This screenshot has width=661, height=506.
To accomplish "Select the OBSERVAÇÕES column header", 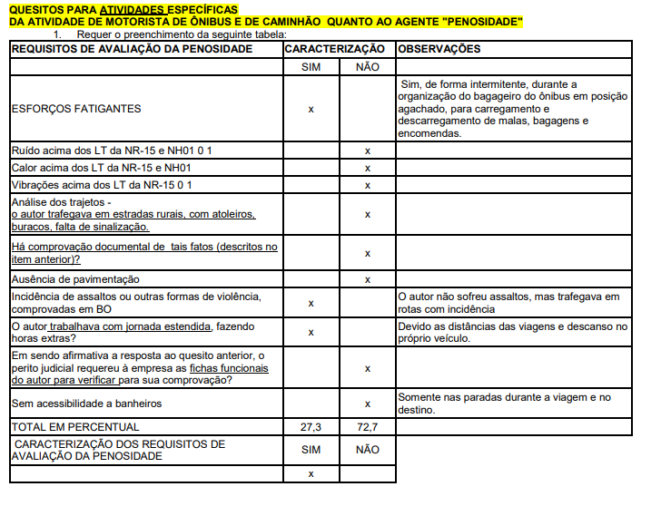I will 440,49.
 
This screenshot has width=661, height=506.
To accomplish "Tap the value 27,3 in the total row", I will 311,426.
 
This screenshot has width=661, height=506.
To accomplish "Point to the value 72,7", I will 367,426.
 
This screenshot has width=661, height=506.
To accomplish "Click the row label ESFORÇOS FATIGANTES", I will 76,109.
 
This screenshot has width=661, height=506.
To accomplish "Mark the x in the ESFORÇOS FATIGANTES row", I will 311,109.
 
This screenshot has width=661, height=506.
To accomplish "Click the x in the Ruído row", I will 367,151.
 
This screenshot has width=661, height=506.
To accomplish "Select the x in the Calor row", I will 367,168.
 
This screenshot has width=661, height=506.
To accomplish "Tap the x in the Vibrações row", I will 367,185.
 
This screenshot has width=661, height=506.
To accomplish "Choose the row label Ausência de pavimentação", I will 75,279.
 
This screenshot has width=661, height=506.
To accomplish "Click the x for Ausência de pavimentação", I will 367,279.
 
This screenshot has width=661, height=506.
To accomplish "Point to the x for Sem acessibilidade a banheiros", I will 367,404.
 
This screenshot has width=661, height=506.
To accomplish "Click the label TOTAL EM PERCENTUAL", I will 75,426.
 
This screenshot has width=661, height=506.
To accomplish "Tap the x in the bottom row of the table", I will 311,473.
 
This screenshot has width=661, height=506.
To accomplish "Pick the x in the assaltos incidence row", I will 311,304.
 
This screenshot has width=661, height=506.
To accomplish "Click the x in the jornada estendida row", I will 311,332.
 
